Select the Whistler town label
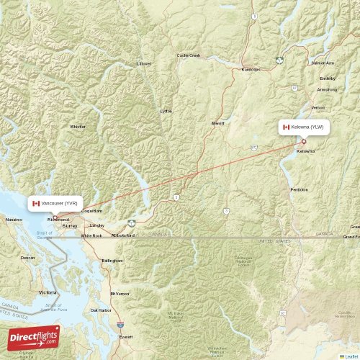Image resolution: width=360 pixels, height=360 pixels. [x=77, y=127]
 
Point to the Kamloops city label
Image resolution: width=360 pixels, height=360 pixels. [x=251, y=69]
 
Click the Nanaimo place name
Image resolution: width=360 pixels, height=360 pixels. [x=14, y=219]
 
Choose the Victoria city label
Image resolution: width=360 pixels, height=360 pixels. [x=48, y=293]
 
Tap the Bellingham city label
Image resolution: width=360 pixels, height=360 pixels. [x=112, y=260]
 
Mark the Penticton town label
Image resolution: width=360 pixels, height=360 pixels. [x=299, y=189]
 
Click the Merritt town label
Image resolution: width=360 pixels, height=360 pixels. [x=218, y=123]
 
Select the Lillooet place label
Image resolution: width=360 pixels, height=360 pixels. [x=144, y=63]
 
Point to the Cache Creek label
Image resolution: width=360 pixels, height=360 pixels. [x=189, y=55]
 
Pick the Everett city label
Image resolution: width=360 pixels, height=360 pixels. [x=126, y=336]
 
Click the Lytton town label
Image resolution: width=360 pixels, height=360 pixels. [x=166, y=111]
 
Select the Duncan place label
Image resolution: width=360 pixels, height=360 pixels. [x=27, y=257]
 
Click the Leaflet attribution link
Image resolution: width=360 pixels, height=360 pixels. [x=351, y=356]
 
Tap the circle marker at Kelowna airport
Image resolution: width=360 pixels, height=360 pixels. [x=303, y=141]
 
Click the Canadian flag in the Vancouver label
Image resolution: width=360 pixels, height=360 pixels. [x=36, y=204]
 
